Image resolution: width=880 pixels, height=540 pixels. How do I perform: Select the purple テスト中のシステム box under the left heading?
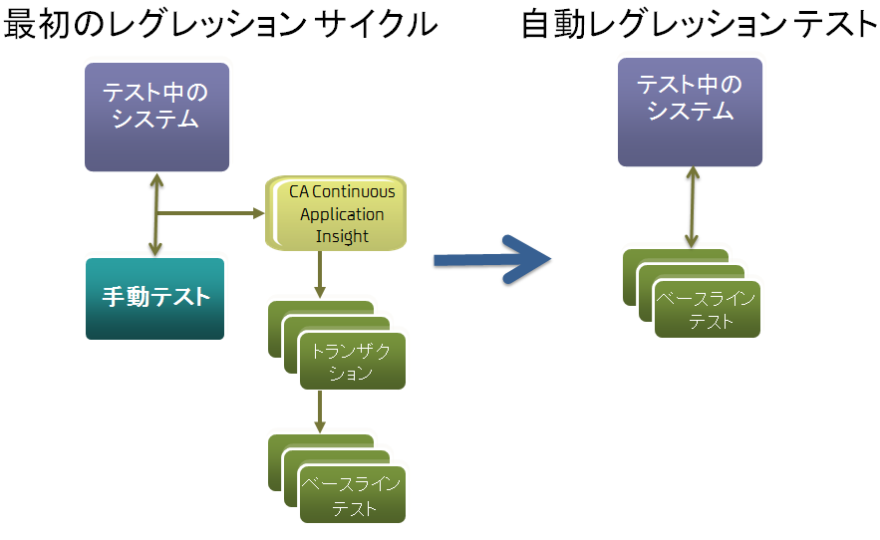(x=156, y=117)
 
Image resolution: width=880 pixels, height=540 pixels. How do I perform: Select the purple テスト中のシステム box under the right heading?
(x=690, y=111)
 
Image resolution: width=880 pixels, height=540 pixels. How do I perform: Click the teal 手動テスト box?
(x=154, y=298)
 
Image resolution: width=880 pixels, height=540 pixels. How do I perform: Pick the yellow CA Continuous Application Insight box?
(x=339, y=213)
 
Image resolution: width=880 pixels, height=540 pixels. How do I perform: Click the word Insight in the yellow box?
(x=342, y=236)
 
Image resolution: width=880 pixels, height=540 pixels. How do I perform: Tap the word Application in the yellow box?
(x=342, y=214)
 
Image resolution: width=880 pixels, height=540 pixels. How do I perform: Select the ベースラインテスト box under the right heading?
(x=708, y=310)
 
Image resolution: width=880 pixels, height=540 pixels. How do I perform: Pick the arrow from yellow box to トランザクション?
(x=319, y=274)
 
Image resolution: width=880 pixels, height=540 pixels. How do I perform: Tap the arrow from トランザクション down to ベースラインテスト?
(x=319, y=410)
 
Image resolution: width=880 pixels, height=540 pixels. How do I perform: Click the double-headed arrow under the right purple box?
(x=691, y=207)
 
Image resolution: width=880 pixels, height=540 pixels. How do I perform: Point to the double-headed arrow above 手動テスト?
(x=155, y=214)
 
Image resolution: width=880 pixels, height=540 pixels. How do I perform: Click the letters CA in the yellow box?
(x=300, y=192)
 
